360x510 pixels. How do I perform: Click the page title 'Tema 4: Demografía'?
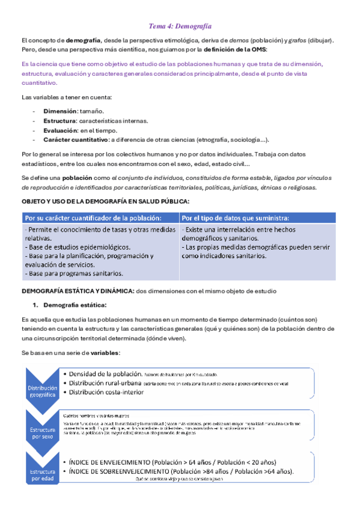tap(180, 26)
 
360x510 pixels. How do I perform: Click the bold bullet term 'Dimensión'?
tap(59, 111)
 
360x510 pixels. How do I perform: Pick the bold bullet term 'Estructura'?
tap(60, 121)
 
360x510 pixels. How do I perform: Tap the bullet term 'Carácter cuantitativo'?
tap(75, 140)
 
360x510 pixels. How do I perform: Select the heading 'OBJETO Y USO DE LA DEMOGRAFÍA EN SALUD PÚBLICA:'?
tap(105, 201)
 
